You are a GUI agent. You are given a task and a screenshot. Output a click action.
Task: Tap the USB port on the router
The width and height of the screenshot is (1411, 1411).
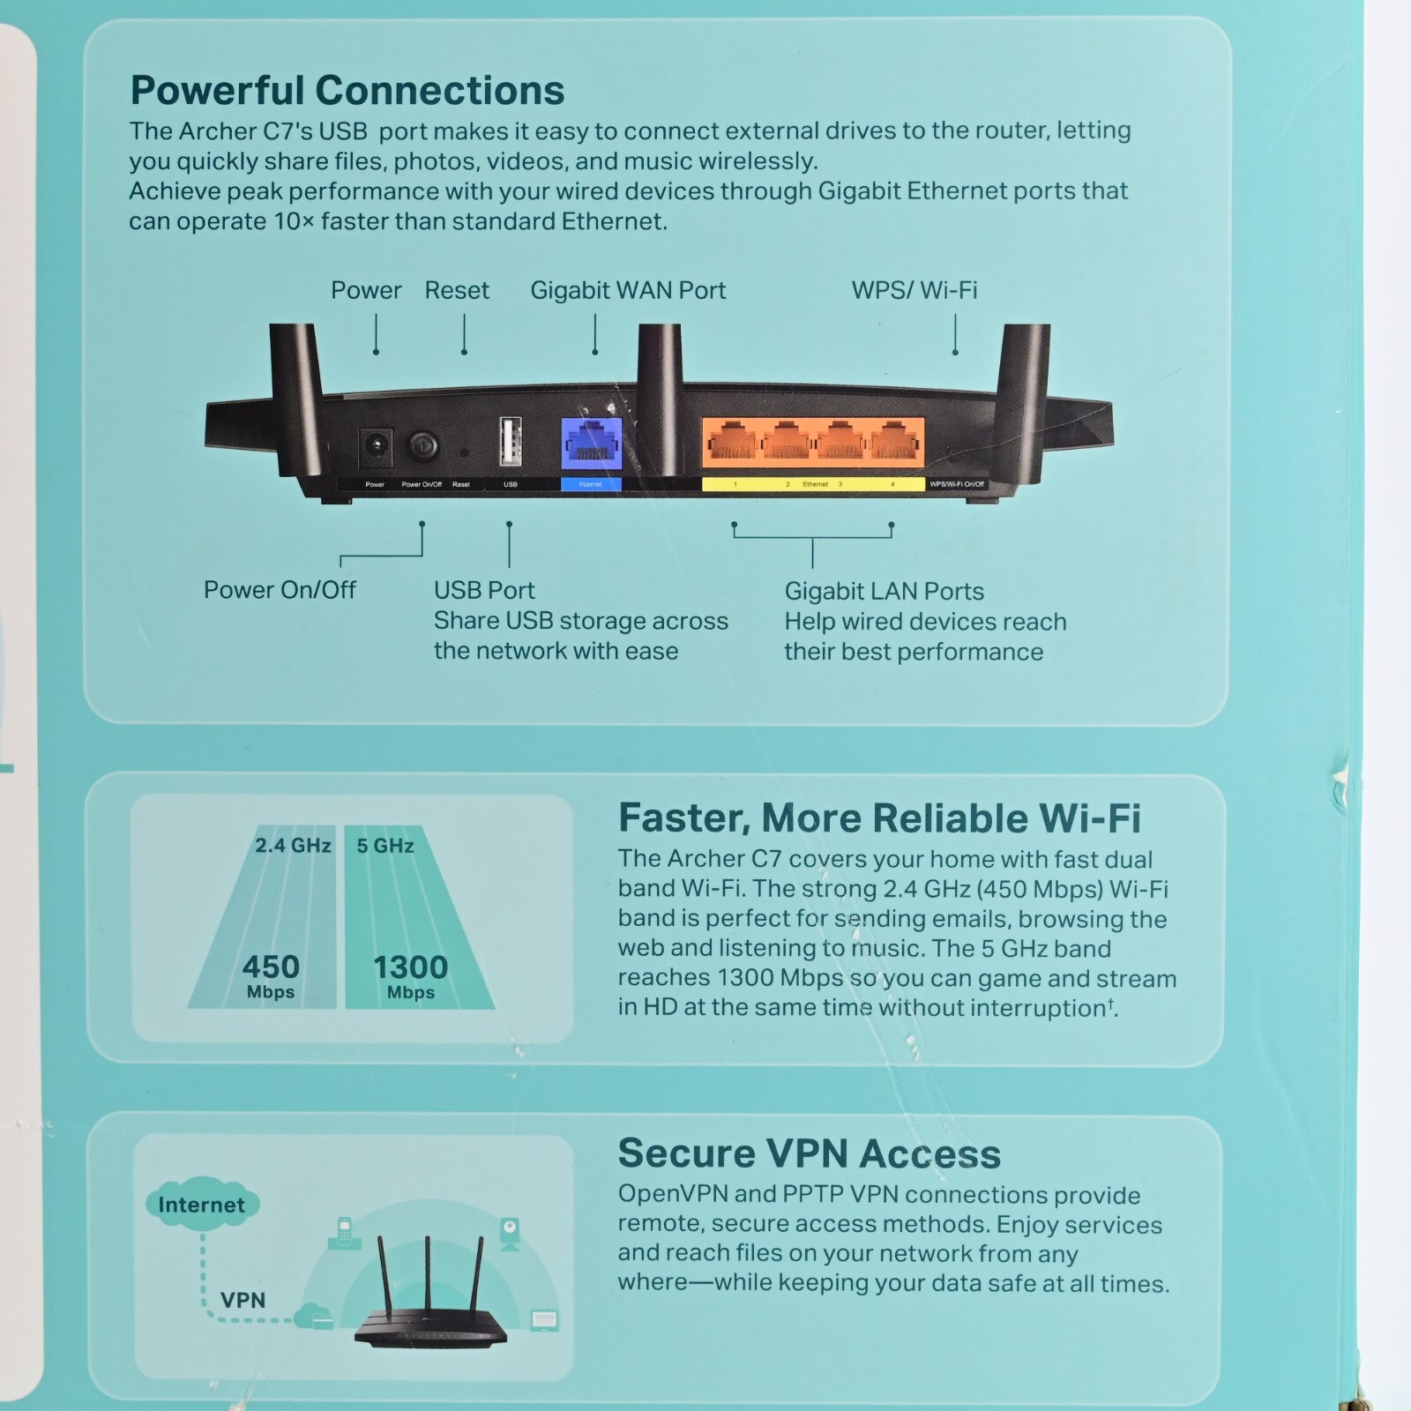[x=510, y=441]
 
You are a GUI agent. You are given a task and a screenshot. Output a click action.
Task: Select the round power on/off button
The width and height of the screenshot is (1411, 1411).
[x=423, y=444]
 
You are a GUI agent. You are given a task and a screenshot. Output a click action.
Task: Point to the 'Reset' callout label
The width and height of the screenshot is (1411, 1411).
[x=456, y=290]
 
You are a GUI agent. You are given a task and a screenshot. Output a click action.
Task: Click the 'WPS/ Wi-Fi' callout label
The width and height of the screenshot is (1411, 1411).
[x=914, y=290]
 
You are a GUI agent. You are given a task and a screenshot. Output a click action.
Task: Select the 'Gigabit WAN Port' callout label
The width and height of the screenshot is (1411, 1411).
[x=627, y=290]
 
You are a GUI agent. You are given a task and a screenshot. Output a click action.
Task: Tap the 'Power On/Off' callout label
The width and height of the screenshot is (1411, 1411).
[x=280, y=590]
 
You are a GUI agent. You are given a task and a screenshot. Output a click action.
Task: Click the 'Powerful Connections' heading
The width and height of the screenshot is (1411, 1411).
[x=347, y=90]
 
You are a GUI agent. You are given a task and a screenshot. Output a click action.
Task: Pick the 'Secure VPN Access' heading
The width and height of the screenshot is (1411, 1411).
[x=809, y=1153]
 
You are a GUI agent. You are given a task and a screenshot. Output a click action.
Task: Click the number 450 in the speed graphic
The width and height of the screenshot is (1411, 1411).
[x=271, y=967]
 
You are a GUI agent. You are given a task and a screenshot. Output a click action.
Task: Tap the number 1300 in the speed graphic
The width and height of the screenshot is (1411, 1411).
[x=410, y=967]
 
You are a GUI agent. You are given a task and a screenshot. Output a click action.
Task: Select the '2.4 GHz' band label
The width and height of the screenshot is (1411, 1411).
[x=293, y=846]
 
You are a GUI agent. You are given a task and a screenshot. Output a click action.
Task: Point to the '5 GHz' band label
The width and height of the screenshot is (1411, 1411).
[x=385, y=846]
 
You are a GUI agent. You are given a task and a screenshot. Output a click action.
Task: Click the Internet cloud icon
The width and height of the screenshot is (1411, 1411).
[x=202, y=1205]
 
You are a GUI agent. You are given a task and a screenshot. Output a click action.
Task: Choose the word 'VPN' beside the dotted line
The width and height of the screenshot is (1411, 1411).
[x=243, y=1300]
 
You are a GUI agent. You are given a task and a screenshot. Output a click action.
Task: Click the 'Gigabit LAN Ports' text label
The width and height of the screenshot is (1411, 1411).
[x=884, y=591]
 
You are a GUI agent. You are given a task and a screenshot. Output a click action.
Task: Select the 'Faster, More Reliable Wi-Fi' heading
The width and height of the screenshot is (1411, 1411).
[x=879, y=818]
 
